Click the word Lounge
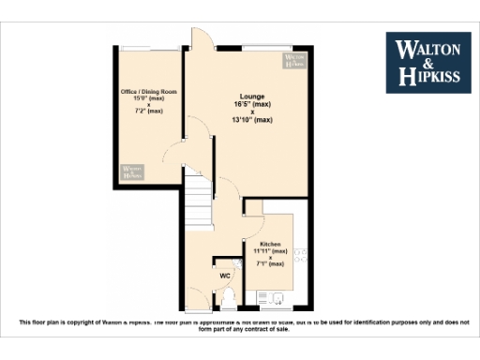(252, 97)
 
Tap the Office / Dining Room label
(149, 92)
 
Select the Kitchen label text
(270, 243)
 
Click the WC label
(225, 276)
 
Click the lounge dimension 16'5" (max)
(252, 104)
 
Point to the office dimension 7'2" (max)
(149, 112)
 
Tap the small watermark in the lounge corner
(294, 60)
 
